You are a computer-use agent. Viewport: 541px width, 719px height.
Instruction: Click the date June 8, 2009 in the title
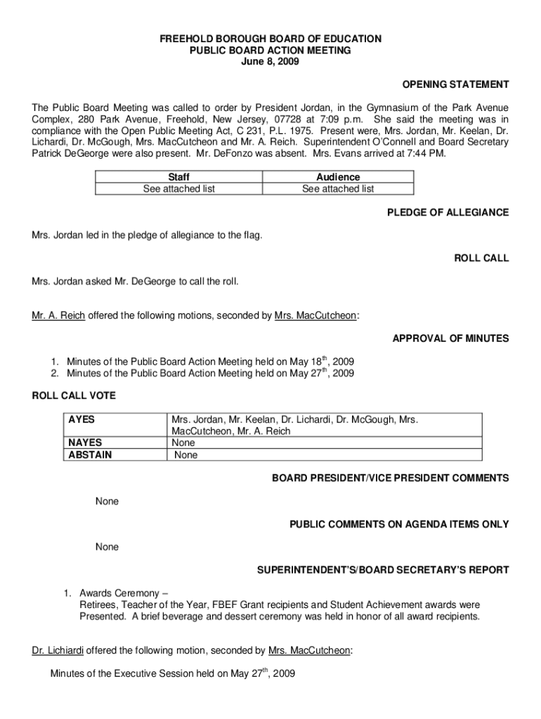point(270,62)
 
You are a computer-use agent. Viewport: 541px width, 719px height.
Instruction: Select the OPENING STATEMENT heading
point(455,85)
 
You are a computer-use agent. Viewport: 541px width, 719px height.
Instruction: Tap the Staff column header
point(179,178)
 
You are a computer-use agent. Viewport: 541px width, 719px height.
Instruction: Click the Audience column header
point(338,178)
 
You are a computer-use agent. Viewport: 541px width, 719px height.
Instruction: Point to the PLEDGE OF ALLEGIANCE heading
point(448,213)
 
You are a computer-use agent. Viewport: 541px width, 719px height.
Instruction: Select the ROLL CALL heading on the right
point(481,258)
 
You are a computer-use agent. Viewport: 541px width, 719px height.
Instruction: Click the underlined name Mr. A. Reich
point(58,316)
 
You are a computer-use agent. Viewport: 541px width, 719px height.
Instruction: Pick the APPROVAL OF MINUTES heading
point(450,338)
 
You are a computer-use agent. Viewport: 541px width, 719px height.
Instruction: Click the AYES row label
point(82,420)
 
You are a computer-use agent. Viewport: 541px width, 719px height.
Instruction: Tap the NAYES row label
point(85,443)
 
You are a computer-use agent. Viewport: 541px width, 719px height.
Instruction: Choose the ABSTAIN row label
point(89,455)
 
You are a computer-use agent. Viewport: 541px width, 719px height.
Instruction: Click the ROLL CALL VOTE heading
point(74,396)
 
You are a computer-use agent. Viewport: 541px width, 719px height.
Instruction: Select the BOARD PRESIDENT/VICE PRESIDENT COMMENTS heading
point(391,478)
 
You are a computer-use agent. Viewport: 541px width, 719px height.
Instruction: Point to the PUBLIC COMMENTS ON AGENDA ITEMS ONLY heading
point(399,524)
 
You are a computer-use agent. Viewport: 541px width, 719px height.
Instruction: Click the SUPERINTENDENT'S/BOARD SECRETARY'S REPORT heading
point(382,569)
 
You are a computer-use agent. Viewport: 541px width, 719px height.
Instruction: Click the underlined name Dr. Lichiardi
point(58,650)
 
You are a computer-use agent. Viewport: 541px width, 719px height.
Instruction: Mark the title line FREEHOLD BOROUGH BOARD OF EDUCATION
point(270,39)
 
